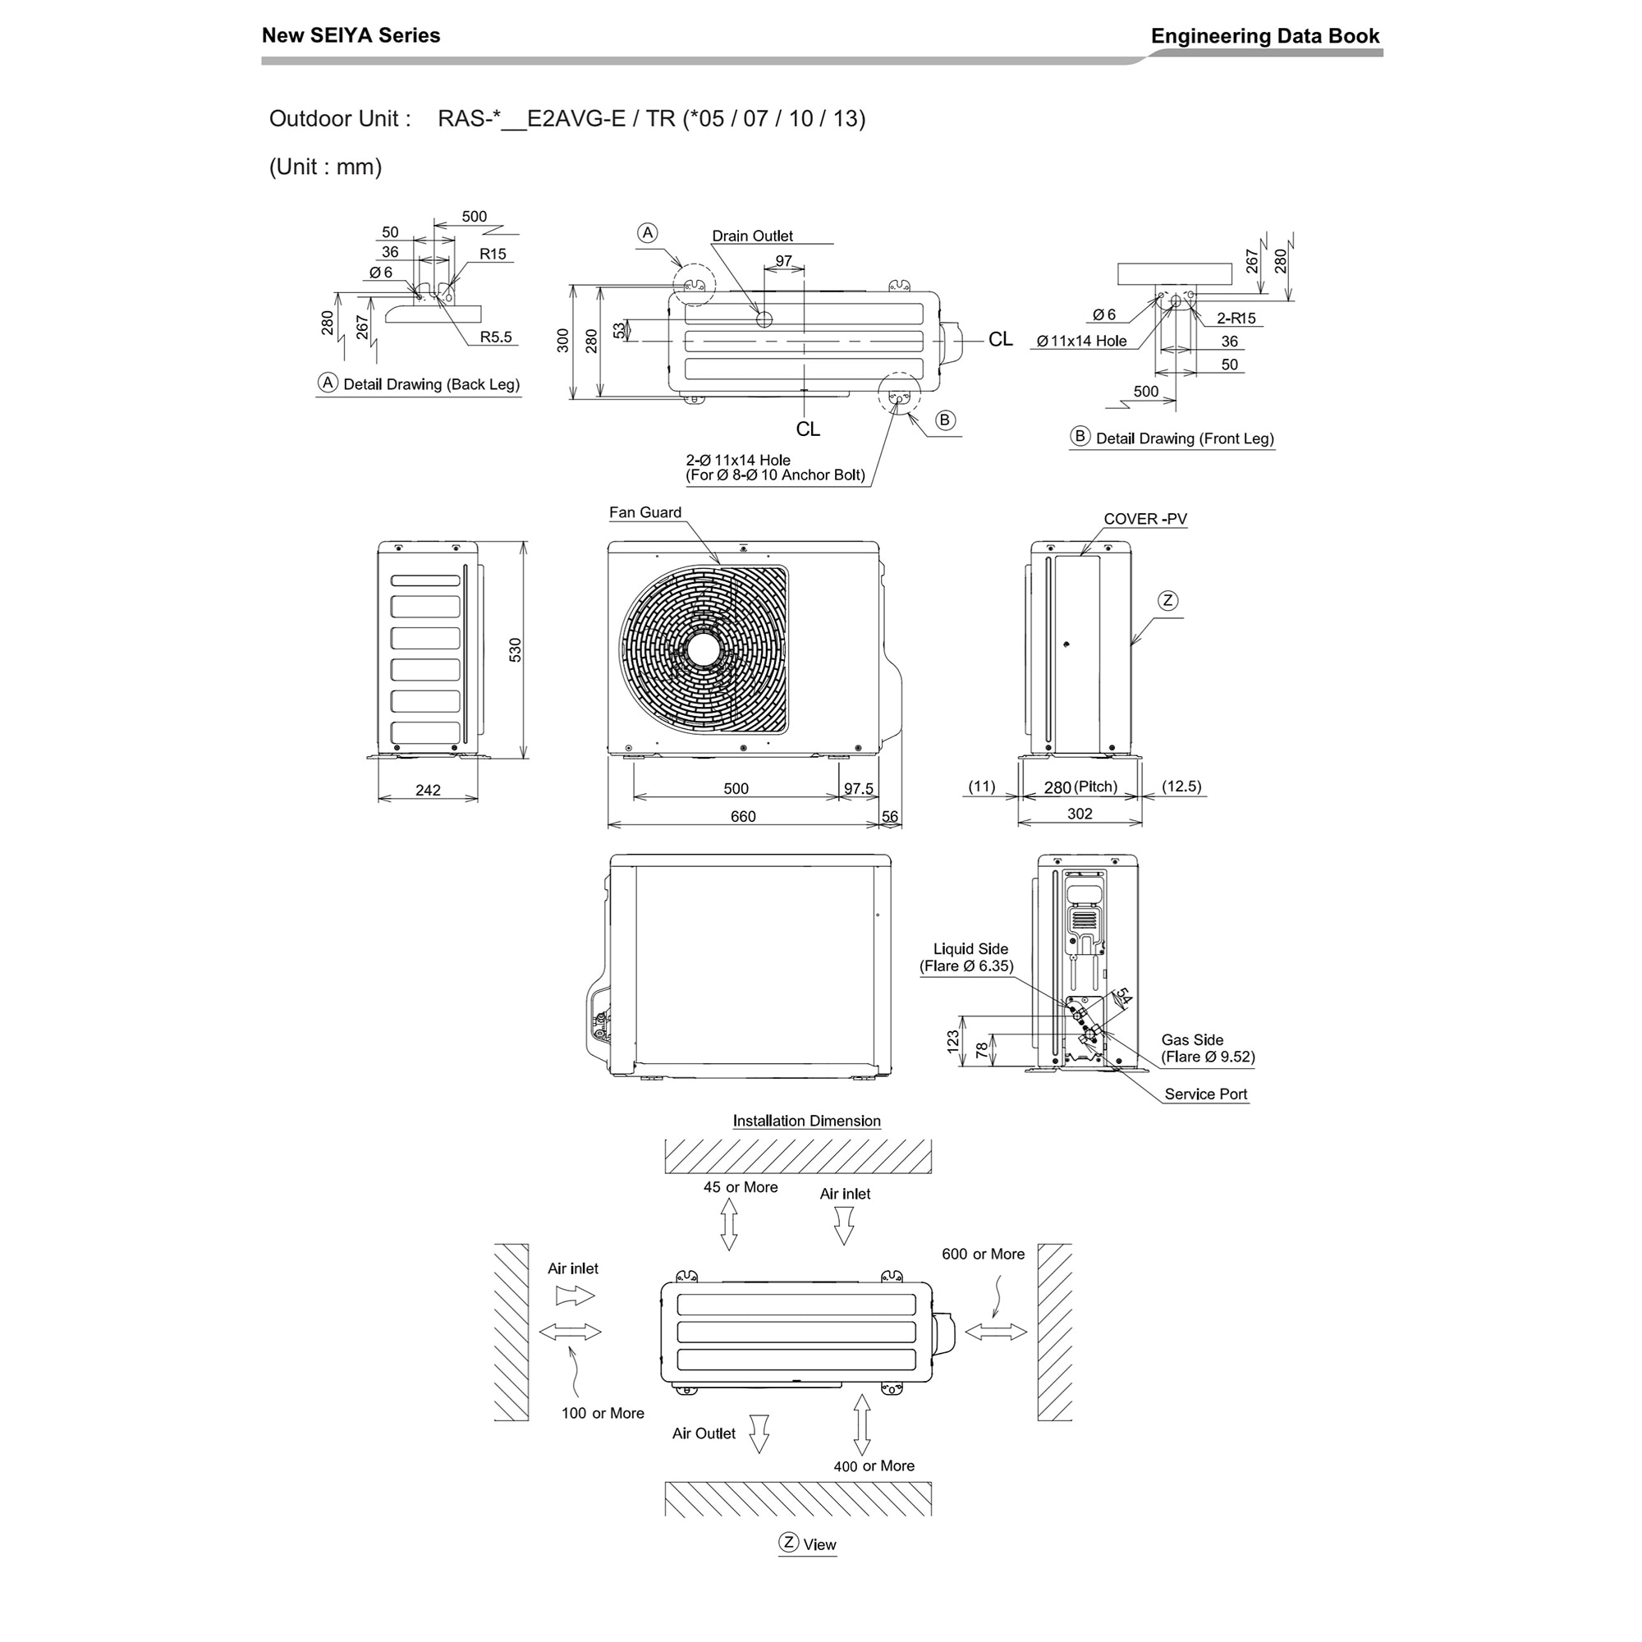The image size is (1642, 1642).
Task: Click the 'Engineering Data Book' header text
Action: coord(1264,35)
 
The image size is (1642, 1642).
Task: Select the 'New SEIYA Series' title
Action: coord(351,34)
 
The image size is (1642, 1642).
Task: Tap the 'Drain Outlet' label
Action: coord(752,236)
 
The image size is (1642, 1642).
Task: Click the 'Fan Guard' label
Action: coord(645,511)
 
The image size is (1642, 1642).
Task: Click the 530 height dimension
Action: coord(515,649)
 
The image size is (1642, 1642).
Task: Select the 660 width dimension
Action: coord(743,816)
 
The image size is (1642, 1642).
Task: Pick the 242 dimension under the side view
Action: coord(428,790)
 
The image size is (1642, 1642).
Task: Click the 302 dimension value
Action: coord(1080,814)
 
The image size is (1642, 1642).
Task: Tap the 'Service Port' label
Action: coord(1206,1094)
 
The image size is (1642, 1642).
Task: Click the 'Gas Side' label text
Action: coord(1192,1039)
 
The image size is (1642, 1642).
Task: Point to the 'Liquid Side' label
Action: coord(970,948)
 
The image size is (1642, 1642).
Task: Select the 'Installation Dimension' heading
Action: coord(806,1120)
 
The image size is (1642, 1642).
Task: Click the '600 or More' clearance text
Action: coord(984,1254)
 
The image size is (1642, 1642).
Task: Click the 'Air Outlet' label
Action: coord(704,1433)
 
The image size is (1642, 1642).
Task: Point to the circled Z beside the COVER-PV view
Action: coord(1167,601)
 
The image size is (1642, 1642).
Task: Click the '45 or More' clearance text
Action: coord(741,1187)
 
